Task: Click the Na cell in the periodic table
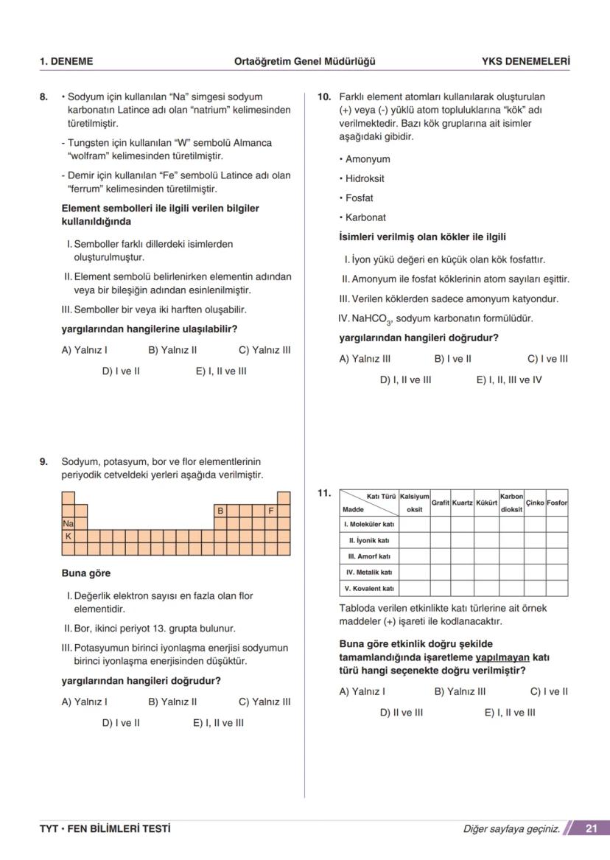pyautogui.click(x=68, y=523)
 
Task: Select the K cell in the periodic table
pyautogui.click(x=68, y=536)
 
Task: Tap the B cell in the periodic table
pyautogui.click(x=220, y=510)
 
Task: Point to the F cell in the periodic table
pyautogui.click(x=270, y=510)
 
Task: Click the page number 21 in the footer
pyautogui.click(x=591, y=828)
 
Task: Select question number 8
pyautogui.click(x=44, y=97)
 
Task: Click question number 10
pyautogui.click(x=323, y=97)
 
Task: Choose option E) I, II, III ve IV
pyautogui.click(x=509, y=380)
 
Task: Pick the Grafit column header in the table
pyautogui.click(x=440, y=503)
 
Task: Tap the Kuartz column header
pyautogui.click(x=462, y=503)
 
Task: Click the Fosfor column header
pyautogui.click(x=557, y=503)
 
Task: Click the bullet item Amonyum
pyautogui.click(x=368, y=159)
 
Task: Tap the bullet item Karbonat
pyautogui.click(x=365, y=217)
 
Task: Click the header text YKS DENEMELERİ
pyautogui.click(x=525, y=61)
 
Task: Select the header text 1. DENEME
pyautogui.click(x=66, y=61)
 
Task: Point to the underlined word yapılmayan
pyautogui.click(x=502, y=657)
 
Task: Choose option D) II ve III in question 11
pyautogui.click(x=402, y=713)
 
